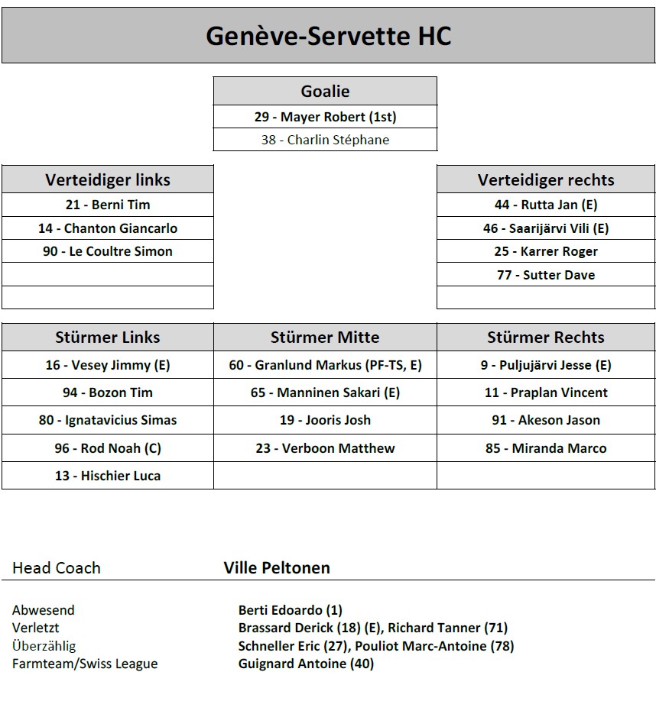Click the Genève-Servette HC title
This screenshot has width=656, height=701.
328,36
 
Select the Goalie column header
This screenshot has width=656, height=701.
325,92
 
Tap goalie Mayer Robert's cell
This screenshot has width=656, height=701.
325,117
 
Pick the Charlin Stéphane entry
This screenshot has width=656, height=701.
325,140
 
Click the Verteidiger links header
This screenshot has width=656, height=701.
108,180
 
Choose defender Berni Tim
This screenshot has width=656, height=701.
108,205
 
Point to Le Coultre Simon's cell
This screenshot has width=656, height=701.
108,251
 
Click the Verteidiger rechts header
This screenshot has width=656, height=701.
546,180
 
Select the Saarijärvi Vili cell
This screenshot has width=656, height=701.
546,228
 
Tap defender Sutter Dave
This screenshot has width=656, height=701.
546,275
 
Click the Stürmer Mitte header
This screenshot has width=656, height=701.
325,338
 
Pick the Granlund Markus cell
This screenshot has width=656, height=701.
325,365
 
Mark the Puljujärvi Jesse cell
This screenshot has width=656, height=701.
546,365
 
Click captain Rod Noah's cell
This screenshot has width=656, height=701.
108,448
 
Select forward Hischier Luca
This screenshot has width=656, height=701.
108,476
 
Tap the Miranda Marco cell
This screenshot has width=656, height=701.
546,448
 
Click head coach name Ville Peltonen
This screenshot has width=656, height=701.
277,568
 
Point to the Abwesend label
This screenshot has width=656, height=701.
44,610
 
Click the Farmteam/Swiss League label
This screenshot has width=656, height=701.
85,664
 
